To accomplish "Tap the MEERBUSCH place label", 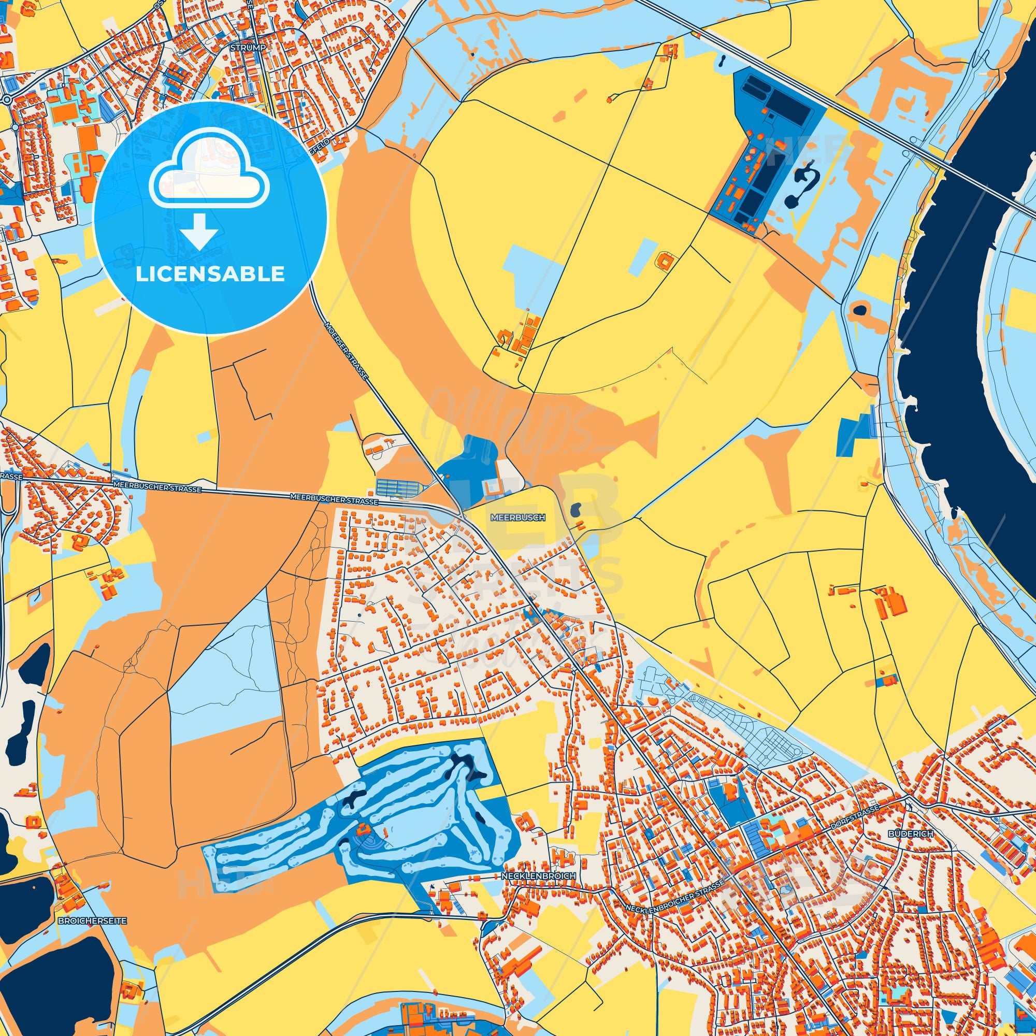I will coord(517,518).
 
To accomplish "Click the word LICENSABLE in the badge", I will coord(210,274).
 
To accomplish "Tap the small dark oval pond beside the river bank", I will coord(859,309).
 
